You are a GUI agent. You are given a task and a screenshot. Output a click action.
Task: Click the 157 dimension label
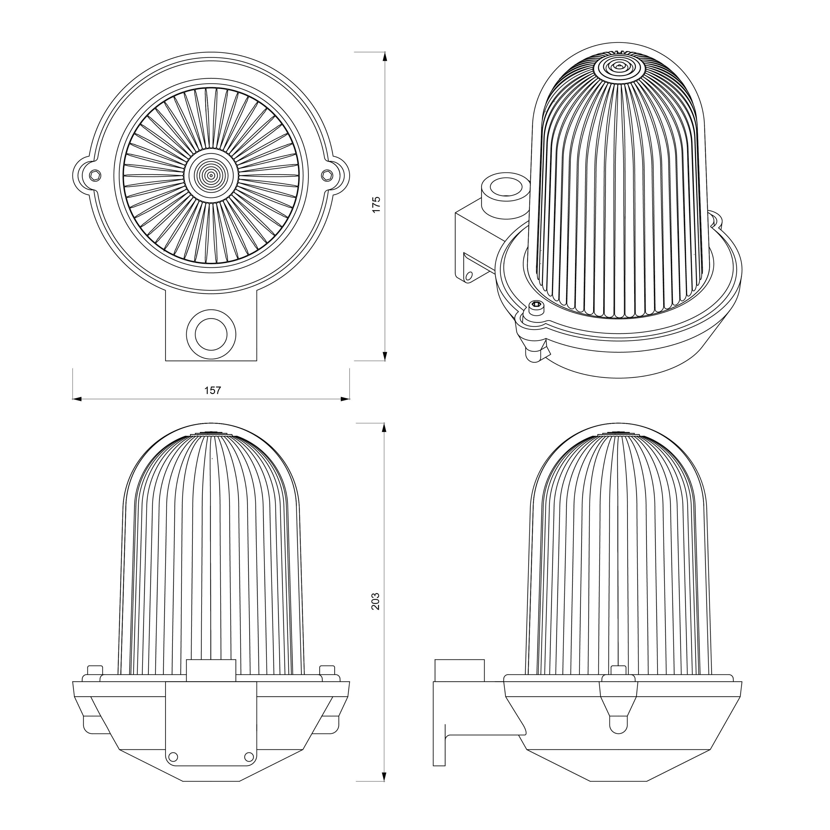tap(212, 390)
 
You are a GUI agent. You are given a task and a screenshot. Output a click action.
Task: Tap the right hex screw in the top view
tap(327, 175)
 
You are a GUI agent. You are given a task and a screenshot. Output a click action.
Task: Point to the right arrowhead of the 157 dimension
tap(345, 399)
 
